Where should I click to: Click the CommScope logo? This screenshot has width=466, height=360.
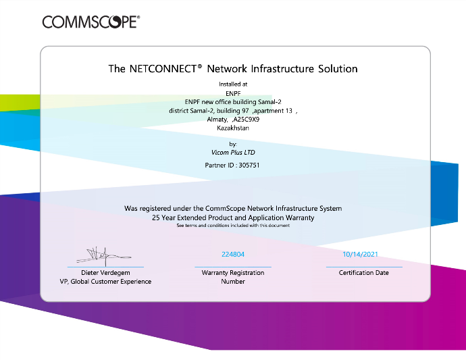(x=90, y=22)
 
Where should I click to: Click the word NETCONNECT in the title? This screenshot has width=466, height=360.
(x=161, y=69)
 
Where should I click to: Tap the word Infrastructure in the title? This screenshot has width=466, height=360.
(x=273, y=69)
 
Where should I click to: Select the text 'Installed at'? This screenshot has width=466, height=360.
(x=233, y=85)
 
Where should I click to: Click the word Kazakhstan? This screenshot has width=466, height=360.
(x=233, y=127)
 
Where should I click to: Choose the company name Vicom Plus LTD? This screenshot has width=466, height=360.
(x=233, y=153)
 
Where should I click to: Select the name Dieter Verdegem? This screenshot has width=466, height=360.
(x=105, y=273)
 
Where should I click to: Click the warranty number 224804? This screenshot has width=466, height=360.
(x=233, y=255)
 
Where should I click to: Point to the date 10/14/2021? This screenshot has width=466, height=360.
(x=361, y=255)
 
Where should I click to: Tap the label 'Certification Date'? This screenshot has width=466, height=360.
(x=364, y=273)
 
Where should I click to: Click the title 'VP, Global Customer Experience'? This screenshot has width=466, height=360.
(x=105, y=282)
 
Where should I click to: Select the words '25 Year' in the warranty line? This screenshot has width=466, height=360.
(x=165, y=218)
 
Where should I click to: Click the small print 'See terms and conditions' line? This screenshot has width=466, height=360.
(x=233, y=226)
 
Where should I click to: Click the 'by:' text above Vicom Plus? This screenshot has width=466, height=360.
(x=233, y=144)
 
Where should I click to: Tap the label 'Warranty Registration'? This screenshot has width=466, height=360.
(x=233, y=273)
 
